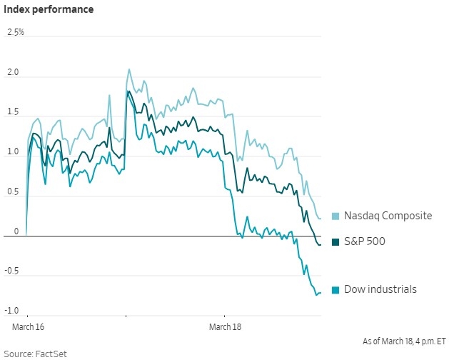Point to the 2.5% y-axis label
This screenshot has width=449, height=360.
(x=15, y=33)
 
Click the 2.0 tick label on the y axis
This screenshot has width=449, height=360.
(x=13, y=74)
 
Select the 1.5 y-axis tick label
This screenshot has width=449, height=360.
(x=13, y=114)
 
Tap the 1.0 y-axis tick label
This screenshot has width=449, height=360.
(x=13, y=153)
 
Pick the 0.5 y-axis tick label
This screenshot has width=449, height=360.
(x=13, y=193)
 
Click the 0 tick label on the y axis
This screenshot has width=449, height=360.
(x=15, y=232)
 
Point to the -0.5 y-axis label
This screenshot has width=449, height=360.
(x=12, y=272)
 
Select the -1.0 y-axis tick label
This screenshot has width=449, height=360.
(x=12, y=311)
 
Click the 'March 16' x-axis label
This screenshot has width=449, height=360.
(x=29, y=326)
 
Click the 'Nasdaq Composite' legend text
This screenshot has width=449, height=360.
(x=388, y=216)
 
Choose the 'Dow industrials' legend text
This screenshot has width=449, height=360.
(x=380, y=289)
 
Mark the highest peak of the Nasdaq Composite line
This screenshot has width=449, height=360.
(x=128, y=69)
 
